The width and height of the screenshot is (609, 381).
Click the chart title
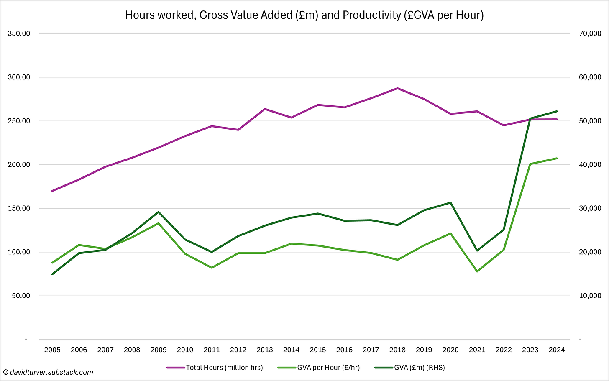click(x=304, y=15)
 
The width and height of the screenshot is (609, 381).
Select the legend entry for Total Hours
click(x=224, y=368)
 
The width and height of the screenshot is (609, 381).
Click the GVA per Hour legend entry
click(x=328, y=368)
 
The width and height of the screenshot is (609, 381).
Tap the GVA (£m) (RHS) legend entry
click(x=419, y=368)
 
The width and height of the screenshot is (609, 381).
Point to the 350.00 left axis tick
click(x=19, y=33)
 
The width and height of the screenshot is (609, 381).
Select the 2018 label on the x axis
click(x=397, y=350)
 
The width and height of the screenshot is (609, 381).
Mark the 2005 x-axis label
click(x=52, y=350)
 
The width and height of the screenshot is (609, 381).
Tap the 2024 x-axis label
click(x=557, y=350)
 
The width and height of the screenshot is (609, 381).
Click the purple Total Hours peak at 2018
click(x=397, y=88)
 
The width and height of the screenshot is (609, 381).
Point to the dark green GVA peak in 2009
click(x=159, y=212)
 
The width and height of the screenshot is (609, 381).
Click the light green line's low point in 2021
click(x=477, y=271)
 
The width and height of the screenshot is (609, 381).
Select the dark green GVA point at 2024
click(x=557, y=111)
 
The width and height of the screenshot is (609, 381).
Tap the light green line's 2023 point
click(x=530, y=164)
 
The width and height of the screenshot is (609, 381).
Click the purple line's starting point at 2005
click(x=52, y=191)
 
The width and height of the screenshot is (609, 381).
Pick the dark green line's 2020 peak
click(x=450, y=203)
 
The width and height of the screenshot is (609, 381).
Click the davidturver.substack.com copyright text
click(x=48, y=372)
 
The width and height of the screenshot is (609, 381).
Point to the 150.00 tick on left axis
click(x=19, y=208)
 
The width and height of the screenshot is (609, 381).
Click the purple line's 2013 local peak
click(x=265, y=109)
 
